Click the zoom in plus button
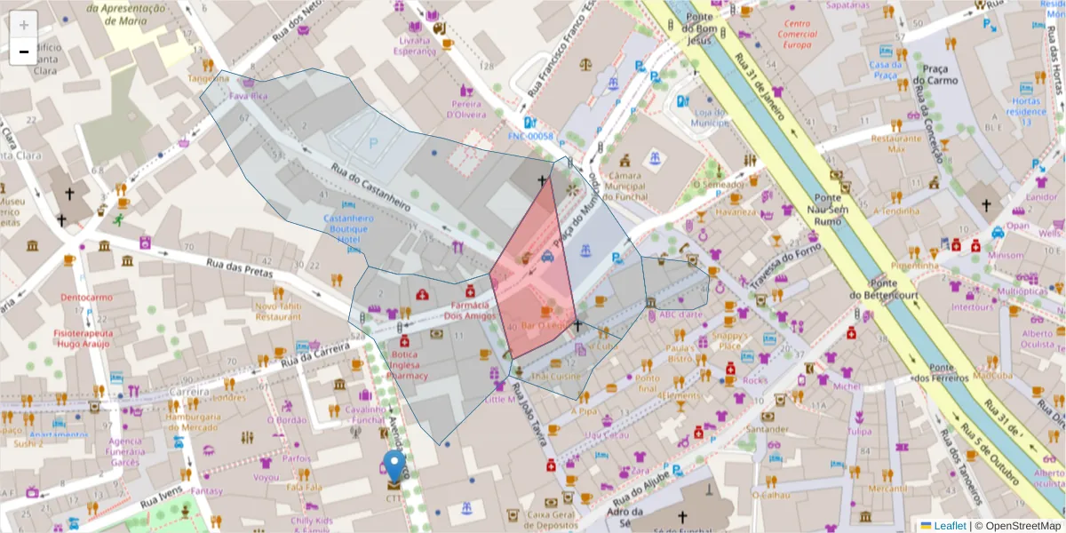pos(24,25)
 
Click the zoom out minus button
pos(24,52)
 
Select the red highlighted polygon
pos(533,275)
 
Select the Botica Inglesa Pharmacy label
pos(410,364)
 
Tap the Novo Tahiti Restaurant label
pos(278,311)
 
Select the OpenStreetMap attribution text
pos(1016,525)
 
